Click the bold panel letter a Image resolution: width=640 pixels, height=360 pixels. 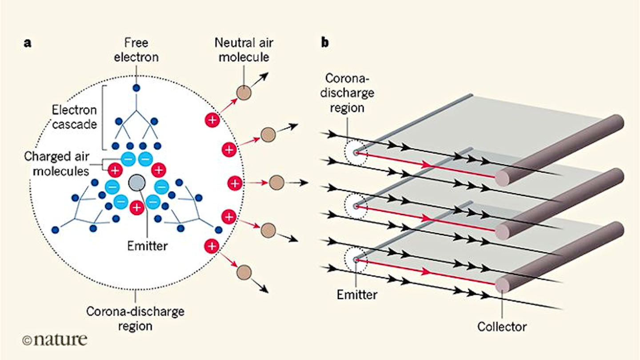28,43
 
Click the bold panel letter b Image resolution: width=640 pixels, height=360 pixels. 325,43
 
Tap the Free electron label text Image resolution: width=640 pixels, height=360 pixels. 136,50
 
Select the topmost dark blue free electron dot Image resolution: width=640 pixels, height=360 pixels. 136,88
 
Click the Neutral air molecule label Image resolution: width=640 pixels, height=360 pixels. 244,49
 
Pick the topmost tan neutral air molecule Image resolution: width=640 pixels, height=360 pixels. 244,93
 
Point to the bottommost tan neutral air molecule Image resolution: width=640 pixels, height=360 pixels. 244,272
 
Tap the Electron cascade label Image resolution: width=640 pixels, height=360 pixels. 74,116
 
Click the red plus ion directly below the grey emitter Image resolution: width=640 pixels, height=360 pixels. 136,207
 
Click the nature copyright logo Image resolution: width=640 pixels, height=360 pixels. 54,340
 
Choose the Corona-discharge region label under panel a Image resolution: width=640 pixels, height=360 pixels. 135,318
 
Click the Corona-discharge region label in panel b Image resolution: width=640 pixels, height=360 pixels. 347,93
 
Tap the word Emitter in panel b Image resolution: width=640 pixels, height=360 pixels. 357,294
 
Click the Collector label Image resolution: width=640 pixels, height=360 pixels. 502,327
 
